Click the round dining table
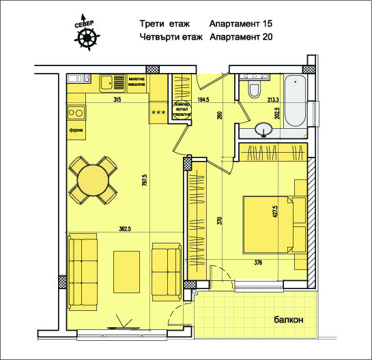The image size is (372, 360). click(x=92, y=180)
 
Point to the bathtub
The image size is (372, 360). click(x=295, y=101)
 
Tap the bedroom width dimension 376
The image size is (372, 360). click(x=258, y=262)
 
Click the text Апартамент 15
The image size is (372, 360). click(x=242, y=22)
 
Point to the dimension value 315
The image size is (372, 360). click(x=117, y=100)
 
